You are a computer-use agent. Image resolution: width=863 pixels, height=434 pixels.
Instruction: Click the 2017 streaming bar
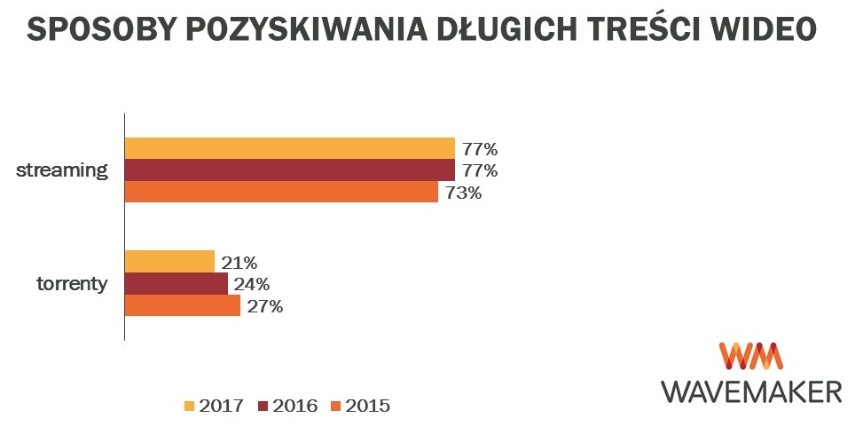[289, 148]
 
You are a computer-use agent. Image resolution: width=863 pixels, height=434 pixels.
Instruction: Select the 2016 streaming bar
[289, 170]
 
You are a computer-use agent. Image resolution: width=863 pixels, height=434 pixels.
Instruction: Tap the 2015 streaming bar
[281, 192]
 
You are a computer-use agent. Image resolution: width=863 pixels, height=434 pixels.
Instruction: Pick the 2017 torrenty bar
[169, 262]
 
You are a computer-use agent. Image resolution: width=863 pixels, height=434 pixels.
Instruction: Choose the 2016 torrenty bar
[177, 284]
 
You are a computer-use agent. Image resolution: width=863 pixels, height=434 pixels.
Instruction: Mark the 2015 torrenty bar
[183, 306]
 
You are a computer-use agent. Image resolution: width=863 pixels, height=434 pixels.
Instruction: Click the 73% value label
[464, 193]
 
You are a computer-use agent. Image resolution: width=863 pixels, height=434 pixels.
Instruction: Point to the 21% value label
[239, 263]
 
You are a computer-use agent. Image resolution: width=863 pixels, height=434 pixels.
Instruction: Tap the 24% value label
[252, 285]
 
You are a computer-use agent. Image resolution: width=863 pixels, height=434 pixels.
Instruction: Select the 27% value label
[264, 307]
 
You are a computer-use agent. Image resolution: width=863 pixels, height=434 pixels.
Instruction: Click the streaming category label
[62, 170]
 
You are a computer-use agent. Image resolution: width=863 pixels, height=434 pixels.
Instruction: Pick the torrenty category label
[73, 285]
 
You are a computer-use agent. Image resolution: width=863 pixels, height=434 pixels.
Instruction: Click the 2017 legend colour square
[189, 406]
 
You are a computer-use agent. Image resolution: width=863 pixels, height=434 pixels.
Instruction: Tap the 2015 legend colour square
[335, 406]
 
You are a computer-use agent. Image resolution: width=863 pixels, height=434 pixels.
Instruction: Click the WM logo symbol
[750, 356]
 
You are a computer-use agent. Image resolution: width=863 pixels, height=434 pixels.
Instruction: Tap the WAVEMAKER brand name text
[751, 391]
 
